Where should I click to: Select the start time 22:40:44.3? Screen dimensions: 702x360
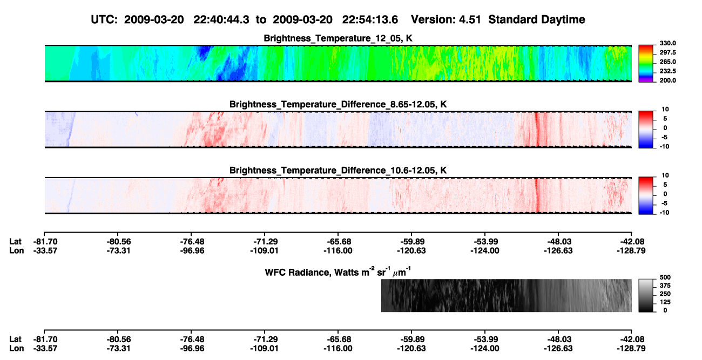click(x=221, y=20)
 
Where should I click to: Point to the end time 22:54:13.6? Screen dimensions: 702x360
click(x=370, y=20)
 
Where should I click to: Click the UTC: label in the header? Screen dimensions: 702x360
click(x=104, y=20)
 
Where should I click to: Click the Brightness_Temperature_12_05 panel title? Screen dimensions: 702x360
click(x=338, y=38)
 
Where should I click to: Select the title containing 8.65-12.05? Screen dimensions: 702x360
click(x=338, y=104)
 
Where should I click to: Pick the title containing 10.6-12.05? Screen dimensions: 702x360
click(x=338, y=171)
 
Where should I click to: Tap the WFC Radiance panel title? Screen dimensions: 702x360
click(x=338, y=272)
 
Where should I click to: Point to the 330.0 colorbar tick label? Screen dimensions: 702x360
click(x=667, y=43)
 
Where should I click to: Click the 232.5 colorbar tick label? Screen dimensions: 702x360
click(x=667, y=71)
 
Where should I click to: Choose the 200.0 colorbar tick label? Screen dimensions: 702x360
click(x=667, y=80)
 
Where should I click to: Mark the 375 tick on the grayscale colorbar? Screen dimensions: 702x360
click(x=665, y=286)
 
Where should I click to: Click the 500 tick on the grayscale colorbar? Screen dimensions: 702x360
click(x=665, y=277)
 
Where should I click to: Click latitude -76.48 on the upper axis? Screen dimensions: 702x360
click(x=192, y=242)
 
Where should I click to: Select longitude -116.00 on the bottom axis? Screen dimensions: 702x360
click(x=338, y=349)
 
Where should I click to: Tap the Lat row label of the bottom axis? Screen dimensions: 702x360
click(x=15, y=339)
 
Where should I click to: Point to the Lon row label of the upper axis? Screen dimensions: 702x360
click(x=17, y=250)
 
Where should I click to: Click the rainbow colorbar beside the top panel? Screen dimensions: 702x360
click(x=646, y=64)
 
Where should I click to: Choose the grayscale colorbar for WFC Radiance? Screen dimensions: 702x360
click(x=646, y=295)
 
